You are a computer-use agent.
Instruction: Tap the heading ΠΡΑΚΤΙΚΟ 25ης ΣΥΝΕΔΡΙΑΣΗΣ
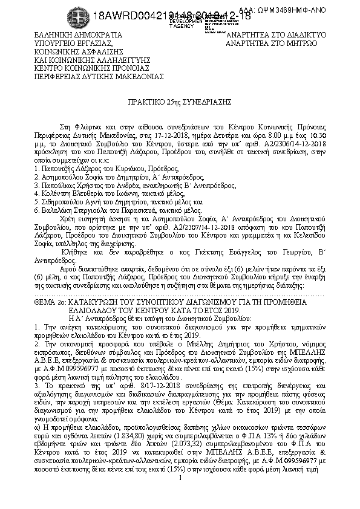point(179,103)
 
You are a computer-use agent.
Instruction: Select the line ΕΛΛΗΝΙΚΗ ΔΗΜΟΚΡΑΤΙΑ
point(78,36)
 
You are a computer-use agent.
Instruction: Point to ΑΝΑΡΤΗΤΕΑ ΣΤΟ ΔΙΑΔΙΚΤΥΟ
point(275,36)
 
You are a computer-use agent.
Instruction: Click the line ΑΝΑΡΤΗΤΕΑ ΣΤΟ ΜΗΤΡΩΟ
point(270,44)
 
